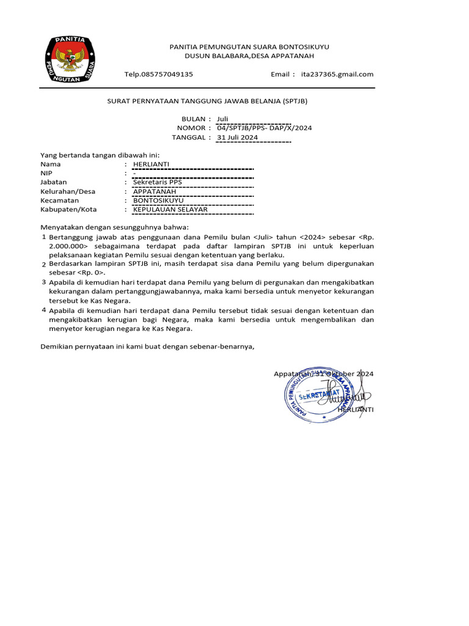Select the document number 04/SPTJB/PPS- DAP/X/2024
click(264, 128)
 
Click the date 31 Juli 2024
click(238, 138)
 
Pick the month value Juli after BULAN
click(222, 119)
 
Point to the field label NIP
click(46, 173)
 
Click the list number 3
click(44, 282)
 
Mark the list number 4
click(44, 310)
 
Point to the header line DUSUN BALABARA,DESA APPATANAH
click(249, 56)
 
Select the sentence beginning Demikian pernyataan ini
click(147, 347)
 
